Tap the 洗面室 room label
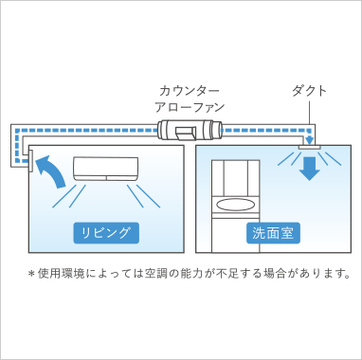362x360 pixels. point(274,231)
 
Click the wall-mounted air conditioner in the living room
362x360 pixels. point(106,169)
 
